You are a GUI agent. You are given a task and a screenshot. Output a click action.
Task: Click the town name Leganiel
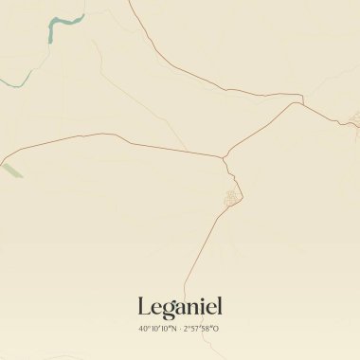179,307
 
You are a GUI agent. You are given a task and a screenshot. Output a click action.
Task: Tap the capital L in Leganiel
144,307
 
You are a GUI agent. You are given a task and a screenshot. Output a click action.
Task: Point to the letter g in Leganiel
164,310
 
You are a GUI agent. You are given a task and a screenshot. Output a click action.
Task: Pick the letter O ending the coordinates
217,329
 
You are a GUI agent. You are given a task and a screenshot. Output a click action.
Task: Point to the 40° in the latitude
144,329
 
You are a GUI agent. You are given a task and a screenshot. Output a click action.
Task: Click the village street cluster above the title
230,198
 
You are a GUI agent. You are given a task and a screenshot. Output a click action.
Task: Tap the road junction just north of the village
225,157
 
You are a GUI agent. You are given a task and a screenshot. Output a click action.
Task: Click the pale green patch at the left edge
11,171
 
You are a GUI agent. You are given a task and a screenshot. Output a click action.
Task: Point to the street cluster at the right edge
354,118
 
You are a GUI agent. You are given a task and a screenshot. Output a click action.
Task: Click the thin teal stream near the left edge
19,81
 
